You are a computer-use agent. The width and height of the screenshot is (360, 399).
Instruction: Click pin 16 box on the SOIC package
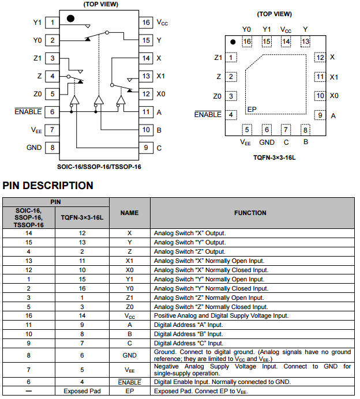click(x=146, y=22)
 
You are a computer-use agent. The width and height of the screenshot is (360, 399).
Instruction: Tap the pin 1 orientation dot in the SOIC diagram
click(x=70, y=18)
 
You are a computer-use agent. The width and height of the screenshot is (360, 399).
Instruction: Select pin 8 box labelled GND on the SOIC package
click(x=52, y=147)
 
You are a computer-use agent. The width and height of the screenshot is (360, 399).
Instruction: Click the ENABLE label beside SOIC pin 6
click(x=28, y=112)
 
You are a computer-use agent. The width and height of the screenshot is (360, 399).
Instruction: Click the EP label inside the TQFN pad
click(x=252, y=109)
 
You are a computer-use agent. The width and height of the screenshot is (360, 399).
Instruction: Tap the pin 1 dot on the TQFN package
click(x=232, y=42)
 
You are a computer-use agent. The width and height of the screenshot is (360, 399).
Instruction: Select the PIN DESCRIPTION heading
click(x=48, y=186)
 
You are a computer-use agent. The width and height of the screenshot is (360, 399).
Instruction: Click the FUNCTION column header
click(x=250, y=213)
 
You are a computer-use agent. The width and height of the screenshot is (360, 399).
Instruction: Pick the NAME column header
click(x=129, y=213)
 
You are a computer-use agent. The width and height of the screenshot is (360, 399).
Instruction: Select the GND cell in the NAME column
click(x=129, y=355)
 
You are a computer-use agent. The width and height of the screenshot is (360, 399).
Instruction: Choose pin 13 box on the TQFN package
click(x=305, y=41)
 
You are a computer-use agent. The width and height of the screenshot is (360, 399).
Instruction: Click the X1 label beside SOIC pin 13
click(x=161, y=76)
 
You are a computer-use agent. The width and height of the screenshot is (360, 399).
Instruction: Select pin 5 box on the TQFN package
click(x=247, y=130)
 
